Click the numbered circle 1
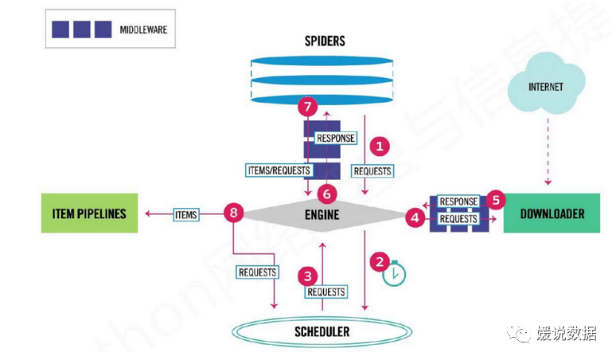380,146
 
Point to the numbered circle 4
413,216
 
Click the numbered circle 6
324,193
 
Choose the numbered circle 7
306,107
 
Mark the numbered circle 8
232,213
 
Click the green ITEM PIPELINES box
89,213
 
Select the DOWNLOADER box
552,213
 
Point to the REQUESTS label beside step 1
372,170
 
